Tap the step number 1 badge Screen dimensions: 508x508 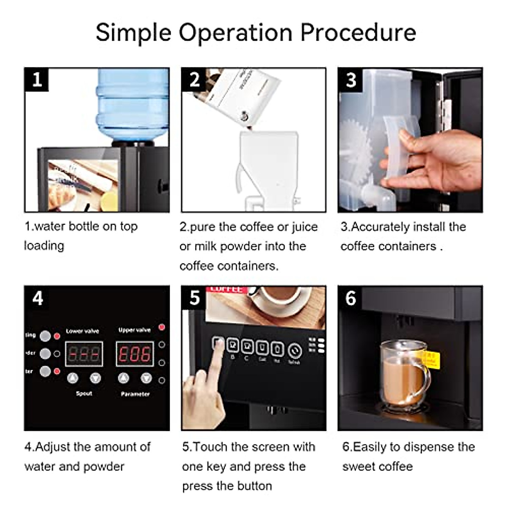37,80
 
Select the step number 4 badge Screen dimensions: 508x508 37,298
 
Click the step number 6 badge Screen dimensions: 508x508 351,298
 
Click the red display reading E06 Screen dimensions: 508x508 135,354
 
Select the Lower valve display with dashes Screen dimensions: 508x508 84,354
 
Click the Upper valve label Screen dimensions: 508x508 134,330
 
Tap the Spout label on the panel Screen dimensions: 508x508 84,393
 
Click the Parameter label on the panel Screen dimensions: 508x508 135,394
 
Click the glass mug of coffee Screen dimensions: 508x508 402,375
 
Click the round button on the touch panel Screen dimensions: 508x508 295,351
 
